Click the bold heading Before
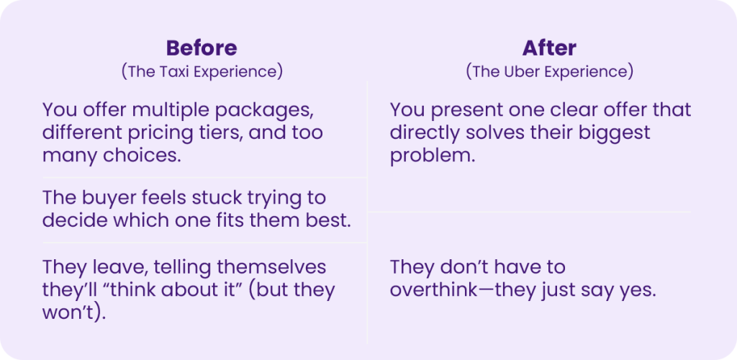coord(202,48)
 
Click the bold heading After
coord(549,48)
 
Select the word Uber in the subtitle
coord(522,72)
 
